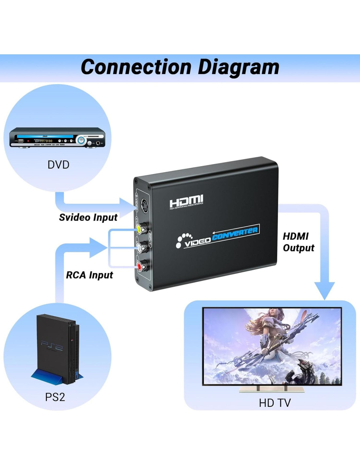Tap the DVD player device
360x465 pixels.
[57, 138]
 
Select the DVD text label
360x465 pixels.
[58, 164]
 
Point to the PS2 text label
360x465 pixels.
[55, 397]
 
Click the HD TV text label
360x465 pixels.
[275, 403]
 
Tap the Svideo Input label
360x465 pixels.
[88, 217]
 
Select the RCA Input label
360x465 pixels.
[89, 275]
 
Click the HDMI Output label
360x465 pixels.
[298, 242]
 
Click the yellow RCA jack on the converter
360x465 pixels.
[139, 229]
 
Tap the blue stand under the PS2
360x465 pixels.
[49, 376]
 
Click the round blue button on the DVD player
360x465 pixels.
[81, 141]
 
